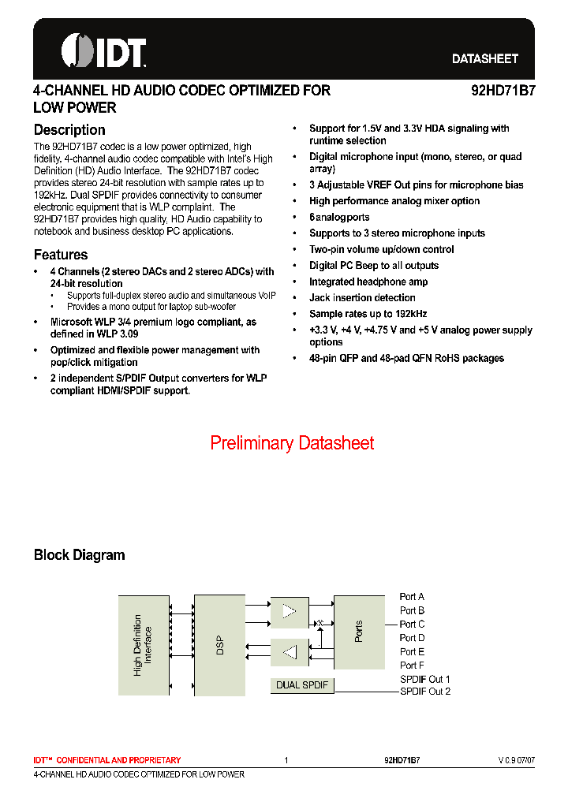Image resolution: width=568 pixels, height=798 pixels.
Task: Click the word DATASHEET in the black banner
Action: click(x=484, y=59)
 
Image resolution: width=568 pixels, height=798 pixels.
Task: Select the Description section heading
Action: click(x=69, y=130)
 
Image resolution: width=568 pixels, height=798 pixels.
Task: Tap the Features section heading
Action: click(x=61, y=255)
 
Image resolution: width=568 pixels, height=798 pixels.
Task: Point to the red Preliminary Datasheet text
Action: click(x=292, y=443)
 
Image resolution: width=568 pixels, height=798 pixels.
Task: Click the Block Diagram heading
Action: click(x=79, y=555)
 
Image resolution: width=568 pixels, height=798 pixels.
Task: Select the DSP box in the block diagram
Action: click(x=219, y=646)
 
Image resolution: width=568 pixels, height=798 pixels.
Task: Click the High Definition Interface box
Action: click(x=144, y=646)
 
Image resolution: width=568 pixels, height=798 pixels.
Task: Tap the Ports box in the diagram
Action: click(x=359, y=631)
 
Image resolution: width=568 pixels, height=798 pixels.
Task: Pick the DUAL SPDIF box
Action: click(x=302, y=685)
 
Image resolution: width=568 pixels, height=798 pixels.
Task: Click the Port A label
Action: click(x=412, y=597)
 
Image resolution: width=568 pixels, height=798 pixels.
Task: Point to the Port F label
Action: click(x=412, y=666)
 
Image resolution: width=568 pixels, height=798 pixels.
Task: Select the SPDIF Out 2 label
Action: click(x=425, y=692)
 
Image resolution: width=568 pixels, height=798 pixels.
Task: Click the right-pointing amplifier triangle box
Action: click(x=290, y=612)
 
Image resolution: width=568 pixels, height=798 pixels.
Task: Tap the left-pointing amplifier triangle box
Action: click(x=290, y=652)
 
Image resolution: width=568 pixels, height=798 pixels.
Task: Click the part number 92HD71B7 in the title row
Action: click(x=503, y=91)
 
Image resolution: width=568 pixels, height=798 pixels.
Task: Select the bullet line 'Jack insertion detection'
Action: click(x=362, y=298)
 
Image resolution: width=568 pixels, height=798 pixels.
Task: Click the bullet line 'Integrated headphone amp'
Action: click(x=368, y=282)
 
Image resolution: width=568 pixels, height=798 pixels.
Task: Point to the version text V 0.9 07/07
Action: click(x=516, y=760)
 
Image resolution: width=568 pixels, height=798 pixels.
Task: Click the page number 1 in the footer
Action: click(x=286, y=760)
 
